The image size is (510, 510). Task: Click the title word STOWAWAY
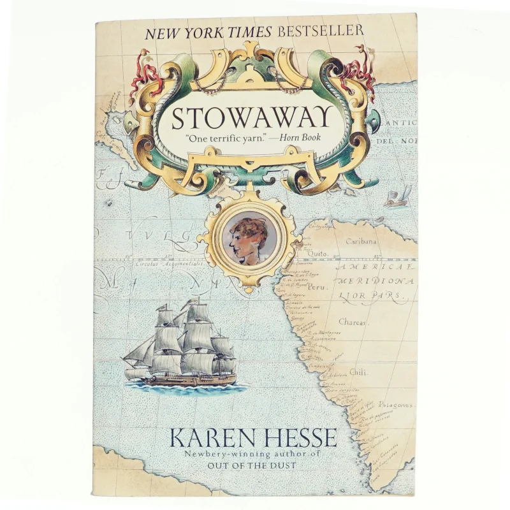pos(251,119)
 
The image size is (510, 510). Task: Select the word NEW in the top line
pos(164,31)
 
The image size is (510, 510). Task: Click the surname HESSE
pos(301,438)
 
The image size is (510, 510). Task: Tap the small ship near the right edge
pos(397,198)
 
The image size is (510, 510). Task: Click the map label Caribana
pos(361,242)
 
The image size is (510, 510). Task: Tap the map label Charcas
pos(353,323)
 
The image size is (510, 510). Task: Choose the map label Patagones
pos(395,405)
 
